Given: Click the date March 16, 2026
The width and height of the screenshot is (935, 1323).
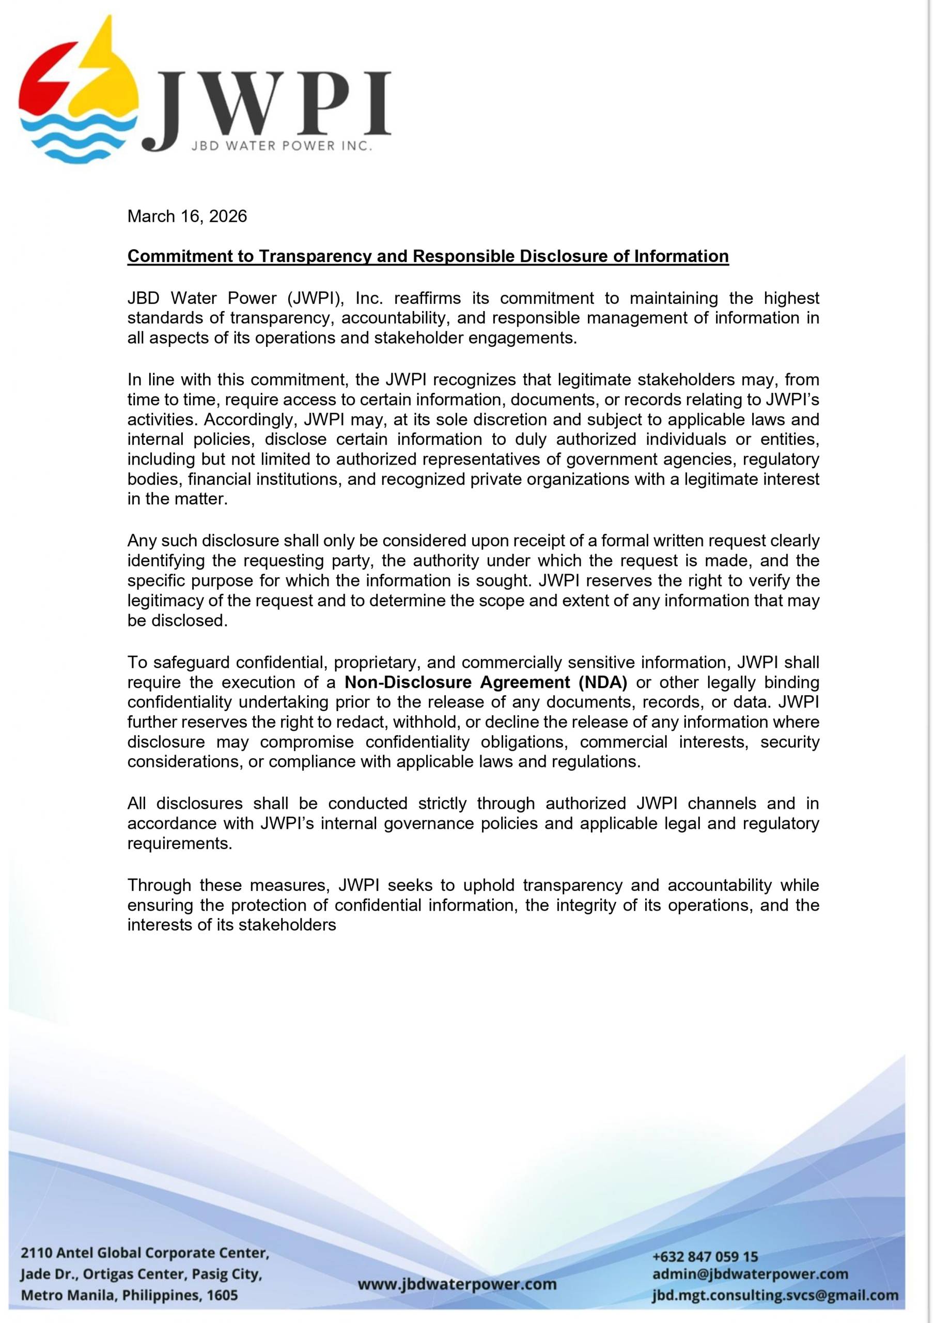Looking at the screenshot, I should coord(186,217).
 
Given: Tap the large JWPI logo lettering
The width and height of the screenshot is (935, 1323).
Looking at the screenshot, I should coord(271,106).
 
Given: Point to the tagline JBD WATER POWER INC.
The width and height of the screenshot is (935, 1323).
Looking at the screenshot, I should coord(282,146).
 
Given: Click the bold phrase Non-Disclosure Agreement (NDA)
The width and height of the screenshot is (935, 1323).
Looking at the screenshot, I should coord(486,682).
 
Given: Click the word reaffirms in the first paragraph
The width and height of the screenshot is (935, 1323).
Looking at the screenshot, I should coord(427,299).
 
